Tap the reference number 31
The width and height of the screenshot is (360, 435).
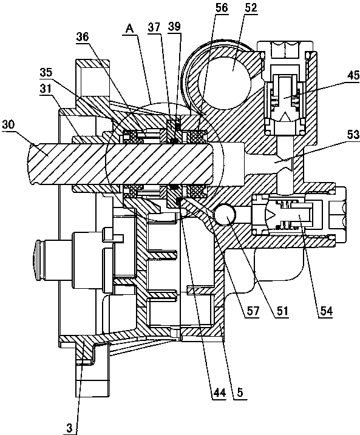pos(46,89)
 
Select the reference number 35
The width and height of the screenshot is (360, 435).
pos(46,72)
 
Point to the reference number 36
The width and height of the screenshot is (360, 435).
pos(83,36)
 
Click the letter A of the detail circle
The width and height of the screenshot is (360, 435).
pos(130,29)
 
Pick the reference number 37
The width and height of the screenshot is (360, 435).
pos(154,27)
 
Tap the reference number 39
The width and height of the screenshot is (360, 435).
pos(174,26)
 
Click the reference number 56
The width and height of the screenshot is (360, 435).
pos(222,8)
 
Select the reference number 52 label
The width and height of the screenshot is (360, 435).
pos(251,7)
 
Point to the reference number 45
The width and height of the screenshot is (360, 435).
pos(353,75)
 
